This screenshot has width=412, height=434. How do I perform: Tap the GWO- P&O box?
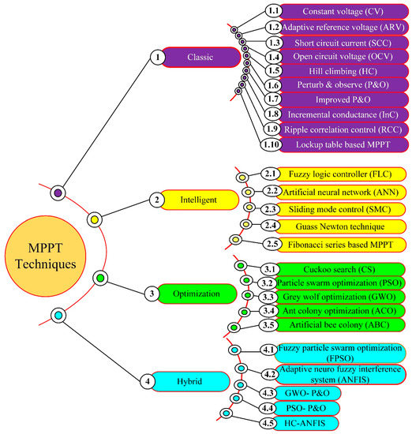pyautogui.click(x=302, y=393)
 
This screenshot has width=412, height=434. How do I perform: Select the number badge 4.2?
pyautogui.click(x=271, y=375)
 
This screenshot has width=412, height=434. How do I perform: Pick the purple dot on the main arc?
pyautogui.click(x=56, y=192)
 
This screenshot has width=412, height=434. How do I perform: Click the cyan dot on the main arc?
pyautogui.click(x=56, y=316)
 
